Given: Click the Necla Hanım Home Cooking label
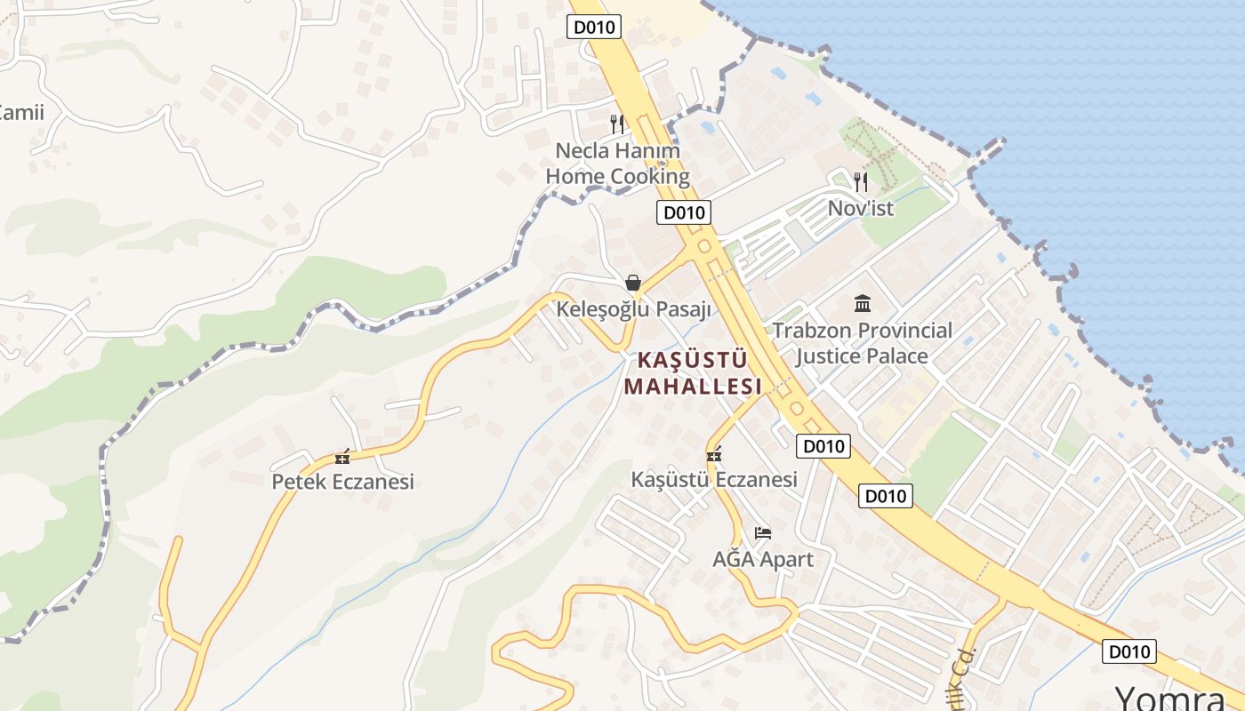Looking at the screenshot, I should click(617, 164).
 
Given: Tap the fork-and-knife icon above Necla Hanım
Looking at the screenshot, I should click(617, 124).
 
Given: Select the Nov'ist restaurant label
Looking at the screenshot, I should click(860, 208).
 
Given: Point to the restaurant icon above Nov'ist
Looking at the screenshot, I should click(860, 182).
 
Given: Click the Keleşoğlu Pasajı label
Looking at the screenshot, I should click(634, 309).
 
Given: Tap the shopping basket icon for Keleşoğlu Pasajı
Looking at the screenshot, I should click(633, 284).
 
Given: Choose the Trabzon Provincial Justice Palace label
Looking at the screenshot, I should click(862, 343).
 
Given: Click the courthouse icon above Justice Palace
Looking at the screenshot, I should click(862, 304).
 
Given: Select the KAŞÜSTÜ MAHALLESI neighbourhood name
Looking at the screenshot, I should click(693, 372).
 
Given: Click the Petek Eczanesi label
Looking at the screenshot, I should click(342, 482).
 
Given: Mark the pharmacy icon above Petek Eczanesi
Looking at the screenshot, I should click(342, 459).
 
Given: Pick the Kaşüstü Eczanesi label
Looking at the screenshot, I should click(714, 479).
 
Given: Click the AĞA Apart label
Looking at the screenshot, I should click(763, 559).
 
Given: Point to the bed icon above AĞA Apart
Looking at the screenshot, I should click(763, 533).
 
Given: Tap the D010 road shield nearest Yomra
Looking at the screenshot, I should click(1129, 651).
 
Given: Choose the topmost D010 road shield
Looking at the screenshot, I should click(593, 27).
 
